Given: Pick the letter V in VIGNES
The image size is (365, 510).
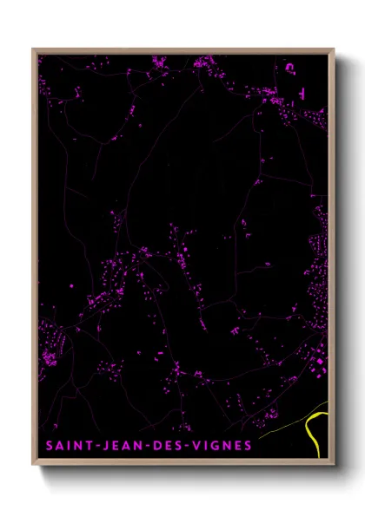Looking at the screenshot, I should (x=197, y=447).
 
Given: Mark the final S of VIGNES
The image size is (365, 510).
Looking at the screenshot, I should (x=249, y=447).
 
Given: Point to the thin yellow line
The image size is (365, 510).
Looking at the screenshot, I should (x=287, y=422).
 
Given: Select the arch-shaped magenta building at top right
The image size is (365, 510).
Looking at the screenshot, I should (x=290, y=65).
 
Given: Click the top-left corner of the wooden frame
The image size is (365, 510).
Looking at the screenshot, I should (x=33, y=49).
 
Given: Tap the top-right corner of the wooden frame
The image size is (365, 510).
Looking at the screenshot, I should (x=334, y=49).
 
